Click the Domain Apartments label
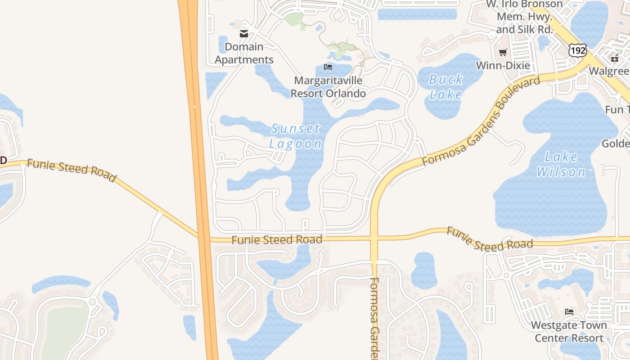244,53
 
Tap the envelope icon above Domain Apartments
244,33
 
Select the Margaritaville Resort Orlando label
328,87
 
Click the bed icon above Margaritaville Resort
328,67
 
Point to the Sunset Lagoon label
296,136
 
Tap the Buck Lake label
445,87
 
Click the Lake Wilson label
561,164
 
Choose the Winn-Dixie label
503,66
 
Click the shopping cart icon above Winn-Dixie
503,52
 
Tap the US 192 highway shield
577,50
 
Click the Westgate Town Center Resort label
569,331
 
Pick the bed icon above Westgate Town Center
569,311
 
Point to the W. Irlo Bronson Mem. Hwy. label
524,17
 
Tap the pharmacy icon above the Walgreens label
615,58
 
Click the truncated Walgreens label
609,71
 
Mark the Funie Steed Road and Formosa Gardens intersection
374,238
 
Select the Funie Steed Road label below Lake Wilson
490,239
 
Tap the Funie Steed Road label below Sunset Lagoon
277,240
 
